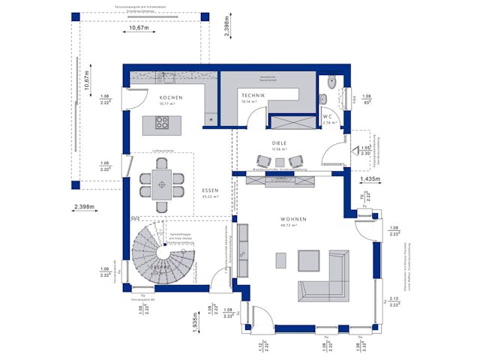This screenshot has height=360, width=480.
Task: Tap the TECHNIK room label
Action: tap(253, 96)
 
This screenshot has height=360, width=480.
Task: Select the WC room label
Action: tap(327, 116)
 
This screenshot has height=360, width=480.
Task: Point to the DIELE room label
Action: tap(280, 142)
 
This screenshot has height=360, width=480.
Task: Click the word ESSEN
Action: tap(210, 191)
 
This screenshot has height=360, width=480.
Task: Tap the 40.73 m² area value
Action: tap(289, 225)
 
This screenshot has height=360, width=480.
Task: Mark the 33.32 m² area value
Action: tap(210, 198)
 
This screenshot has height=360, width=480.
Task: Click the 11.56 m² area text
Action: tap(280, 148)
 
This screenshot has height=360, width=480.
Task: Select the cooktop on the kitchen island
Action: tap(162, 121)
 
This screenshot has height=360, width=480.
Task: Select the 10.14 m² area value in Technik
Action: tap(250, 103)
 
